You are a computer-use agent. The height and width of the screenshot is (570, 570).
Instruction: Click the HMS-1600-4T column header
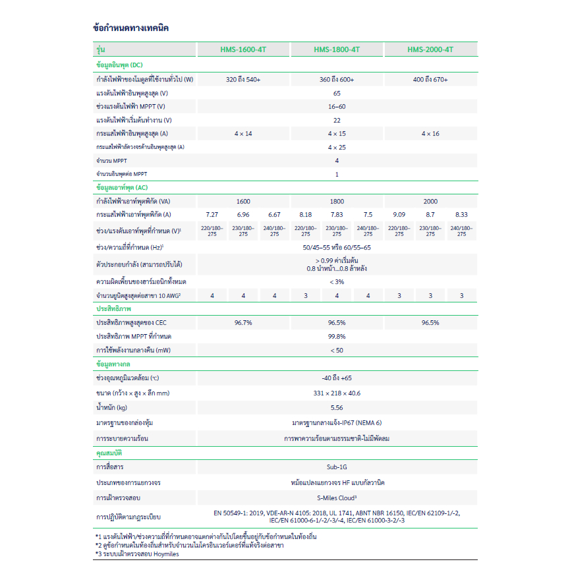pos(243,49)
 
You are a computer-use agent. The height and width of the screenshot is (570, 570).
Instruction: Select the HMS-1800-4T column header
pos(337,49)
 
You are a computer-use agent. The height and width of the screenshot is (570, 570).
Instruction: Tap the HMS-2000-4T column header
pos(430,49)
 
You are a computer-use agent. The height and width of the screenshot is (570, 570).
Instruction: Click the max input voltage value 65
pos(337,93)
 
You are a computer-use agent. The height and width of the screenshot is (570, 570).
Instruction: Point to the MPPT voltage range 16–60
pos(337,106)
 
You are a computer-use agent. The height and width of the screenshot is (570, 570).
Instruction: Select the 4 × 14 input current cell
pos(243,134)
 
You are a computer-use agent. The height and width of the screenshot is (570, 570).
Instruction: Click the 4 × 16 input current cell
pos(430,134)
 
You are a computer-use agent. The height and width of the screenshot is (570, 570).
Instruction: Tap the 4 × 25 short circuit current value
pos(337,147)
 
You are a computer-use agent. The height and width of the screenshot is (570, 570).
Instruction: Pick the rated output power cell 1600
pos(243,202)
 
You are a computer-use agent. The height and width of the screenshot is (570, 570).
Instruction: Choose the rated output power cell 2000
pos(430,202)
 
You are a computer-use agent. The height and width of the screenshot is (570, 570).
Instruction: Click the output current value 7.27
pos(212,215)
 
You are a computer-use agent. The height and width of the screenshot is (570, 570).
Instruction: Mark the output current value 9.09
pos(399,215)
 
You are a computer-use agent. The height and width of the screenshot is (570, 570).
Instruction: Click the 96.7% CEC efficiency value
pos(243,323)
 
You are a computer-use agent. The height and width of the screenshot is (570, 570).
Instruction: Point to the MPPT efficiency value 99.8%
pos(337,336)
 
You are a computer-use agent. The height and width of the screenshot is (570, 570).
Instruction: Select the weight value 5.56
pos(337,407)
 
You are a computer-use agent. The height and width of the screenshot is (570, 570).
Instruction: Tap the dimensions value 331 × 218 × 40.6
pos(337,393)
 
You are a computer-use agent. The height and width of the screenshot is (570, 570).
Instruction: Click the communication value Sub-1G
pos(337,467)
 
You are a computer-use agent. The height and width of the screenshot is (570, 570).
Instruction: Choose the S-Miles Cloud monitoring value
pos(337,498)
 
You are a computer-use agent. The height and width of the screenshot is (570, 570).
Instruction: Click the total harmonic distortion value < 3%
pos(337,281)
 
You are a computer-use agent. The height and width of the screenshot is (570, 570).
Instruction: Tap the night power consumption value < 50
pos(337,350)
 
